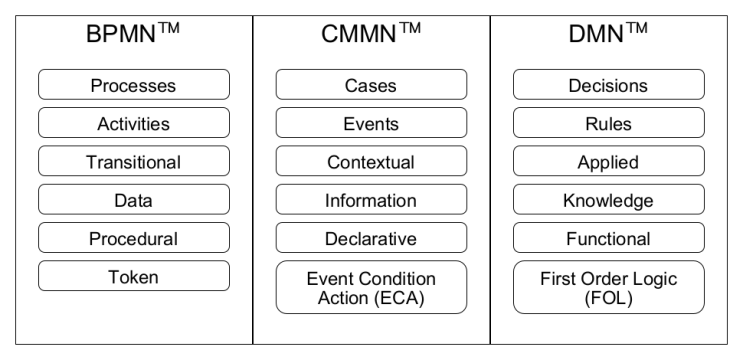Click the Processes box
[134, 85]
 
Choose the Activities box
[134, 124]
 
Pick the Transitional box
[134, 162]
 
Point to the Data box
[134, 200]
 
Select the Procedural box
[134, 238]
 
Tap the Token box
[134, 276]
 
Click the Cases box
[371, 85]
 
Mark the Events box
[371, 124]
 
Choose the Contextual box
[371, 162]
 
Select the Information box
[371, 200]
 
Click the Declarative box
[371, 238]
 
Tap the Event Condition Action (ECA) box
[371, 288]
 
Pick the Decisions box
[608, 85]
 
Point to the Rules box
[608, 124]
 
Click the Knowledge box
[608, 200]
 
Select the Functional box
[608, 238]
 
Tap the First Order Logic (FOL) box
[608, 288]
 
